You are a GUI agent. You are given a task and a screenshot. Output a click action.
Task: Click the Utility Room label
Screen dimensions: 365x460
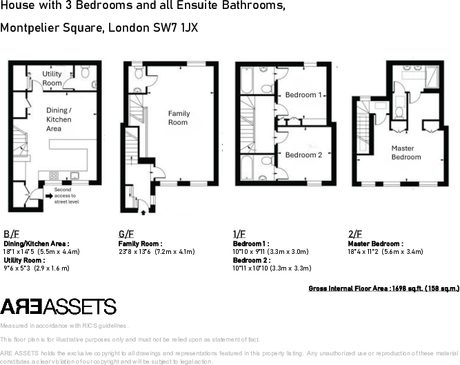(52, 78)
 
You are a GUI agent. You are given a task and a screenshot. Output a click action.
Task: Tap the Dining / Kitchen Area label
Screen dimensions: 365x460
(59, 119)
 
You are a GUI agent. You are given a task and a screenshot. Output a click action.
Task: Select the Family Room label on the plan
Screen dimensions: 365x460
(178, 118)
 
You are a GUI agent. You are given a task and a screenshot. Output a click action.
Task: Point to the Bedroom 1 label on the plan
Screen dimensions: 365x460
(303, 95)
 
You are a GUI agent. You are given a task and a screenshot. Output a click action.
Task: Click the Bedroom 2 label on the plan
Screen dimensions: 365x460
(303, 155)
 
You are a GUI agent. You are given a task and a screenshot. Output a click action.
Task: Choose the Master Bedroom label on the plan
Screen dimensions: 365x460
(406, 152)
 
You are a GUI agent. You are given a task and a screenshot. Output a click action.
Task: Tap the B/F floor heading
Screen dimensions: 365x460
(11, 234)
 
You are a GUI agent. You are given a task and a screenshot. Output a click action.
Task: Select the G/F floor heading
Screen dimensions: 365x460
(126, 234)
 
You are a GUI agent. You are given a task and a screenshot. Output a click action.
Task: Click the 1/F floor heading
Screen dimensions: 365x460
(239, 234)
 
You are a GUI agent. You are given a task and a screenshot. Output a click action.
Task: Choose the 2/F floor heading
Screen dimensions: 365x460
(354, 234)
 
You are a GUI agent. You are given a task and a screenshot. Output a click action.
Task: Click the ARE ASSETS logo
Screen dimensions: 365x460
(58, 307)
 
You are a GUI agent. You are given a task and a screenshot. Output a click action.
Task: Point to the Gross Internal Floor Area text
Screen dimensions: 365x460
(383, 288)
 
